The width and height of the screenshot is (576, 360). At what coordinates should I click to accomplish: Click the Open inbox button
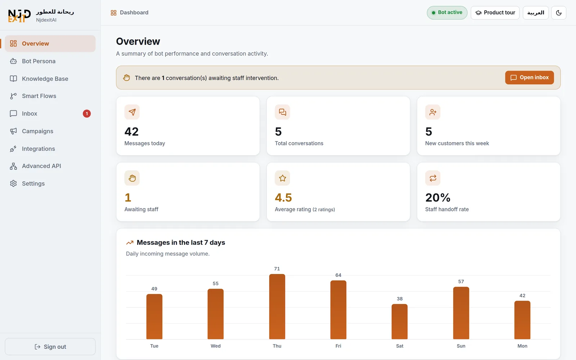tap(529, 77)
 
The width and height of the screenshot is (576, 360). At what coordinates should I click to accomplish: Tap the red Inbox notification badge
tap(87, 113)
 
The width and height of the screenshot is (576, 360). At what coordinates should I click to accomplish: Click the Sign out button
tap(50, 347)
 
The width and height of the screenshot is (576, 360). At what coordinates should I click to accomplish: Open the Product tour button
tap(495, 13)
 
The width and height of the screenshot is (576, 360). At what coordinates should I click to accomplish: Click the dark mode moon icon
tap(558, 13)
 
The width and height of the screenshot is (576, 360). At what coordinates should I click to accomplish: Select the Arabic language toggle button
tap(536, 13)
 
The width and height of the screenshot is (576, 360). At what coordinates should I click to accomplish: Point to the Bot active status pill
tap(447, 13)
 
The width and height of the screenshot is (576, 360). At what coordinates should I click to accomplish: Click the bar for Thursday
tap(277, 306)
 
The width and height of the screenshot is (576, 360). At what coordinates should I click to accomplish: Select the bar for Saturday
tap(399, 322)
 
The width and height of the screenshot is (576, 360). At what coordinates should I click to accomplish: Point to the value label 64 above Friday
tap(338, 275)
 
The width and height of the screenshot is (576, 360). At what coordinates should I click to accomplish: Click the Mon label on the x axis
tap(522, 346)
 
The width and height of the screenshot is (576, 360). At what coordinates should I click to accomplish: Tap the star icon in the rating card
tap(282, 178)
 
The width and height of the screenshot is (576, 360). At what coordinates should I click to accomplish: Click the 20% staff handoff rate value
tap(438, 198)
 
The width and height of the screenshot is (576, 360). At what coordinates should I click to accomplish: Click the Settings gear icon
tap(13, 183)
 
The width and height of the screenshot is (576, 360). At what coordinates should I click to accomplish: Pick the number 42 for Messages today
tap(131, 131)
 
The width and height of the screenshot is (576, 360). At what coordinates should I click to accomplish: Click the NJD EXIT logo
tap(19, 15)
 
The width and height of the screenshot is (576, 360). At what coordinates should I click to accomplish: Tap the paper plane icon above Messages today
tap(132, 112)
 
